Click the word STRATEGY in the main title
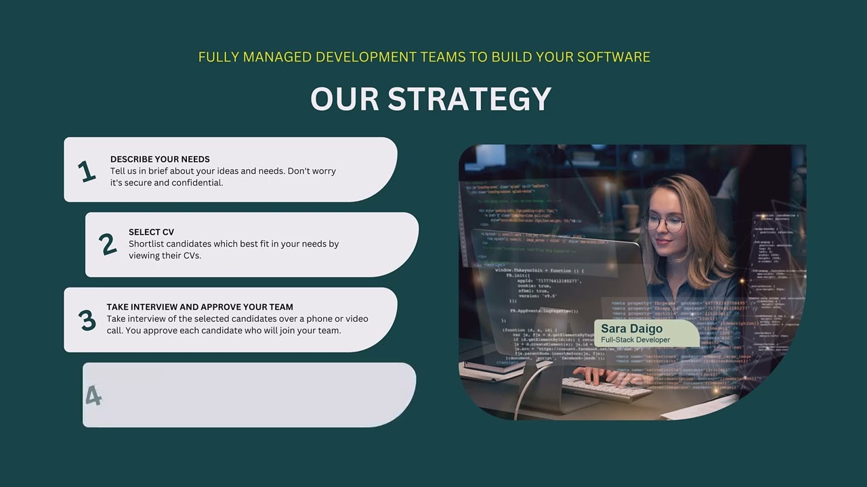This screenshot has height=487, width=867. [469, 99]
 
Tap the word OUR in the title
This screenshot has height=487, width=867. [344, 99]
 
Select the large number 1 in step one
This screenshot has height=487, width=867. [86, 171]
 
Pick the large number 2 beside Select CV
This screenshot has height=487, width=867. [107, 244]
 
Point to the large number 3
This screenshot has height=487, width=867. [87, 320]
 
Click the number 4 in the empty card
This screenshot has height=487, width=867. [93, 396]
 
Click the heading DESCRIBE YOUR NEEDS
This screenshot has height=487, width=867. [160, 159]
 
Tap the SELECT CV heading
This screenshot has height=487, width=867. [151, 232]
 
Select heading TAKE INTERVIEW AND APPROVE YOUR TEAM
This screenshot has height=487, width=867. [200, 306]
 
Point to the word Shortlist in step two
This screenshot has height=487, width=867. [146, 243]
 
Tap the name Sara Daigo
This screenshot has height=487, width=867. [631, 329]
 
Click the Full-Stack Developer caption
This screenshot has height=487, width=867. [635, 340]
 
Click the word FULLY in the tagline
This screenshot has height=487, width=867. [219, 57]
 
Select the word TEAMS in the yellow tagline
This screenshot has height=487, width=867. [442, 57]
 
